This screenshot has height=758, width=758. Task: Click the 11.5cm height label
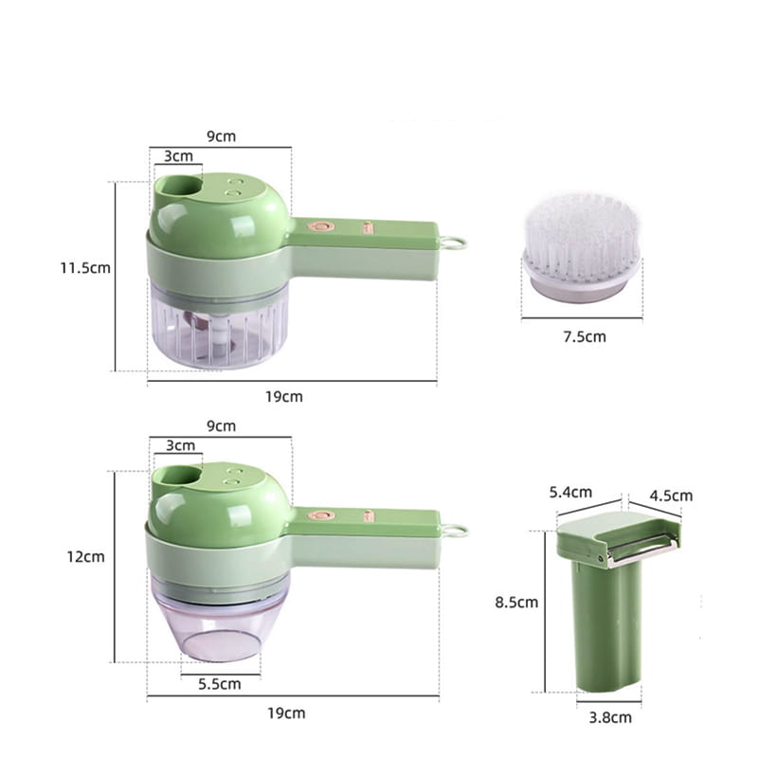(85, 268)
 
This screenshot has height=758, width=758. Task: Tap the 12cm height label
(85, 556)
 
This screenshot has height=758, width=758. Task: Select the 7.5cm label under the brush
(585, 336)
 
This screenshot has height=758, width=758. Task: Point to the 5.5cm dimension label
(220, 684)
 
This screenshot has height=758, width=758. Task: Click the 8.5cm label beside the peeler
(516, 603)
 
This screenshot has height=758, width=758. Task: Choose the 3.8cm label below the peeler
(610, 717)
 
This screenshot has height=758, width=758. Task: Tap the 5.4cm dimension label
(570, 492)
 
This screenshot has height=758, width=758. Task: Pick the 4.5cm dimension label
(671, 496)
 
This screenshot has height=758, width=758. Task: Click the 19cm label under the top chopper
(283, 397)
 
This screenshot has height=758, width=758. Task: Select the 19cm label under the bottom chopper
(286, 713)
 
